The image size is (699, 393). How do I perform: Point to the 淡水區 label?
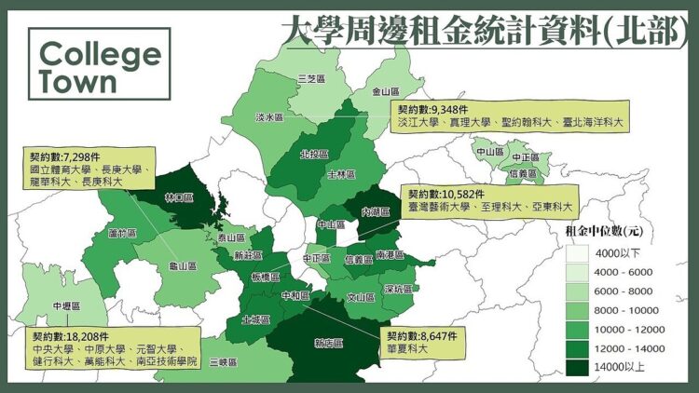[269, 118]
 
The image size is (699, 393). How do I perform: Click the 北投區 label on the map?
[314, 154]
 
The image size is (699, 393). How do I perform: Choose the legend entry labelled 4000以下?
[614, 252]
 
